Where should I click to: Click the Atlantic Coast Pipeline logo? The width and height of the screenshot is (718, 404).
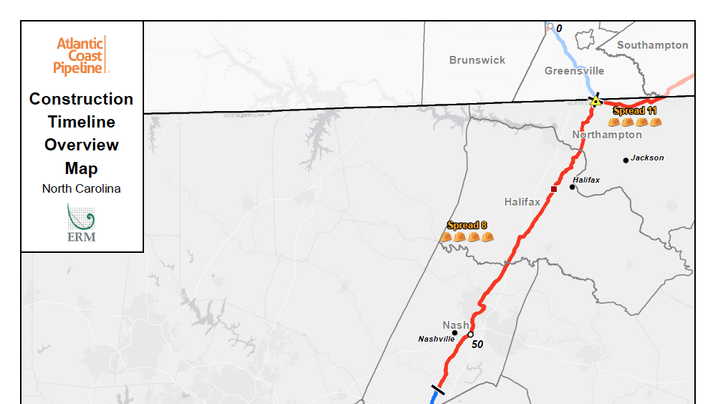coord(81,55)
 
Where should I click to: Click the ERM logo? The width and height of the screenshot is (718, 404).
coord(81,223)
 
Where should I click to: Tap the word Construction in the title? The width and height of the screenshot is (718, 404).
coord(81,99)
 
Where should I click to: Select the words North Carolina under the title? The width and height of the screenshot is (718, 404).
coord(81,189)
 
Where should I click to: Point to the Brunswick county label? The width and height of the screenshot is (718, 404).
coord(477,60)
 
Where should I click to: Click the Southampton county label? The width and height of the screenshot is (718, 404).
coord(652,45)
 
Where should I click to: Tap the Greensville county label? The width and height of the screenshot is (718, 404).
coord(574,71)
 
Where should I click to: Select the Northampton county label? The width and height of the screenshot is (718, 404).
coord(607,135)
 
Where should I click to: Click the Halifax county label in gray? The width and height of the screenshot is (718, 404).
coord(522,202)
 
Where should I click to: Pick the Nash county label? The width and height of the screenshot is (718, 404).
coord(456,325)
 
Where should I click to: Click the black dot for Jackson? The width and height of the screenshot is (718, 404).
coord(626,160)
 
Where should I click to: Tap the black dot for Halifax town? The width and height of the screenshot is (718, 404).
coord(572,187)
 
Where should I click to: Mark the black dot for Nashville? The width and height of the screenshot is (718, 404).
coord(454,332)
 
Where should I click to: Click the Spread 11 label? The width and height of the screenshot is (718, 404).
coord(635,111)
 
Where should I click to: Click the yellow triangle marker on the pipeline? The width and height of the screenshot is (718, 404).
coord(595,101)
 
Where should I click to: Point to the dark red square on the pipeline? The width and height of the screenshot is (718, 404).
coord(553,189)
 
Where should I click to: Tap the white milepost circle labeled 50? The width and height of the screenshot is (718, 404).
coord(470,335)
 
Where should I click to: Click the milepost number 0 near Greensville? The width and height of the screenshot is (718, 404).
coord(559,29)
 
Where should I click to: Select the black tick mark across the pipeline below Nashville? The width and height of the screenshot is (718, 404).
coord(437,390)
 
